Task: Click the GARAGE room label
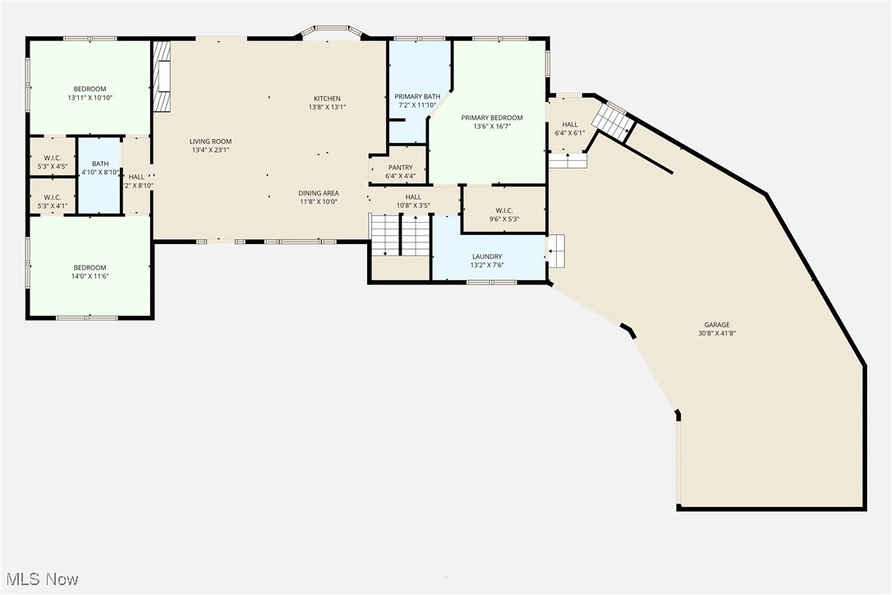(x=716, y=325)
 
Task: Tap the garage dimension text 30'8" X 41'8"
(x=716, y=334)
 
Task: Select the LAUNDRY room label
(x=486, y=256)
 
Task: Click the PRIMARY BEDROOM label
(x=491, y=118)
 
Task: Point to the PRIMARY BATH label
(x=417, y=96)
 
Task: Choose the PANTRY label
(x=400, y=167)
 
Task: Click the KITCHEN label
(x=327, y=99)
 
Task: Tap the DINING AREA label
(x=319, y=193)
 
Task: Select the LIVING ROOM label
(x=210, y=141)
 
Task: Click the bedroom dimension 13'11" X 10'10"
(x=90, y=98)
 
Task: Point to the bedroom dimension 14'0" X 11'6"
(x=90, y=276)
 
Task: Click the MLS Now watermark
(x=40, y=579)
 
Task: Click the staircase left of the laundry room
(x=400, y=236)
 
